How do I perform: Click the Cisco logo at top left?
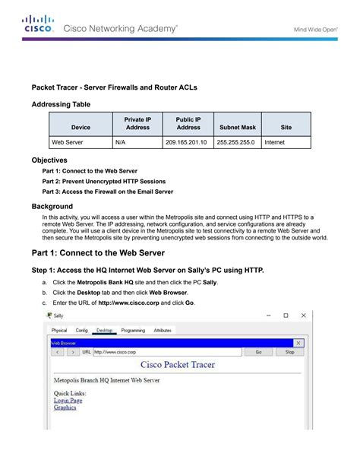coord(38,24)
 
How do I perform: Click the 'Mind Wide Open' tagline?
coord(314,30)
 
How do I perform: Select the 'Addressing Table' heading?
coord(61,103)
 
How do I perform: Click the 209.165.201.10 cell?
coord(185,142)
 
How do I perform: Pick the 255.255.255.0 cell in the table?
coord(235,142)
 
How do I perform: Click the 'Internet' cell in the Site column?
coord(274,142)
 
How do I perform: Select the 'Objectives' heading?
coord(49,160)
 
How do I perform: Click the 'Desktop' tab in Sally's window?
coord(105,331)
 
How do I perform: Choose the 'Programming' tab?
coord(133,331)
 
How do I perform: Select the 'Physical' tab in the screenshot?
coord(59,331)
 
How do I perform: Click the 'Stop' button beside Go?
coord(289,353)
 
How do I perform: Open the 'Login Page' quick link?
coord(68,400)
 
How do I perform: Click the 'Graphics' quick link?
coord(65,407)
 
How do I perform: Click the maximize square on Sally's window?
coord(286,315)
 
